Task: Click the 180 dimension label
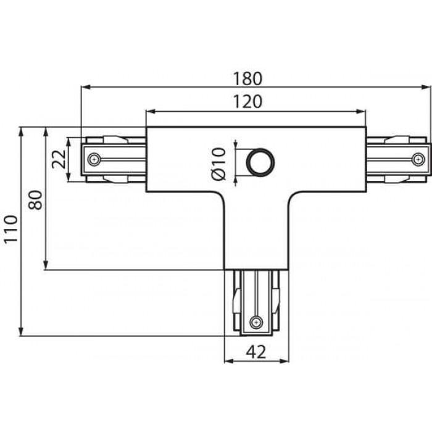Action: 247,78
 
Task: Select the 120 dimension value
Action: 247,102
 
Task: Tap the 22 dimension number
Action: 59,159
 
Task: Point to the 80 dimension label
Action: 36,200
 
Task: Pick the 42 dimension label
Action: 256,352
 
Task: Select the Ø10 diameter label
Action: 219,164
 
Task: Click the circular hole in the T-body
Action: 260,162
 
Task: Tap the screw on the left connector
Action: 94,159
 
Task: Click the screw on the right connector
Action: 418,159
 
